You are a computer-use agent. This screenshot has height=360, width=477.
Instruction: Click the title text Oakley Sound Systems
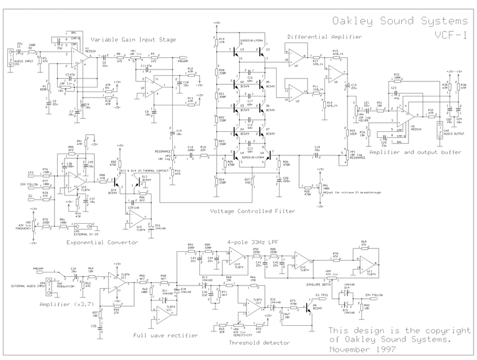click(400, 21)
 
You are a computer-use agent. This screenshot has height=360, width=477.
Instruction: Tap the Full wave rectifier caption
click(166, 335)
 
